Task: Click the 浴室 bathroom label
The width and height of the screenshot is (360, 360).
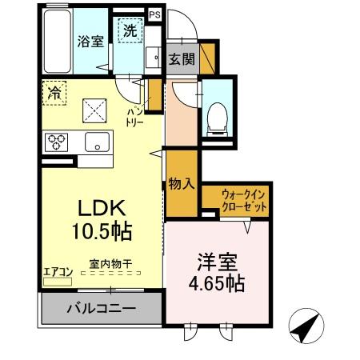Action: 90,41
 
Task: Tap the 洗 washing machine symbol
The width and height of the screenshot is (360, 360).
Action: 129,32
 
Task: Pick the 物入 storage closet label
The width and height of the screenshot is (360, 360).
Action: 181,183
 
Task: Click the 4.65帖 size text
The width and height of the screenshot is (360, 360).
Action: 217,283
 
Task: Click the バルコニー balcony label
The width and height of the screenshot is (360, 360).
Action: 101,308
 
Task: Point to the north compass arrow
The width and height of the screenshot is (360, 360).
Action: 306,327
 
